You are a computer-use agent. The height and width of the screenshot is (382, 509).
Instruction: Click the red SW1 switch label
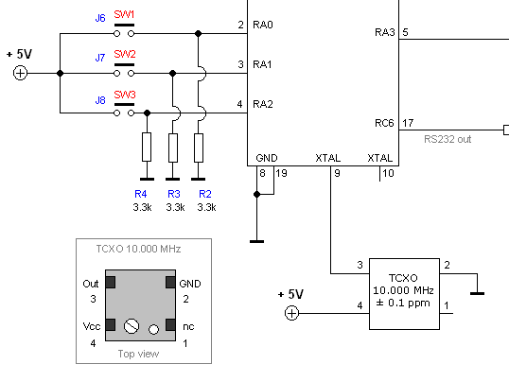pyautogui.click(x=124, y=14)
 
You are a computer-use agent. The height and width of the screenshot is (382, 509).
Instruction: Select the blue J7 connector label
pyautogui.click(x=100, y=58)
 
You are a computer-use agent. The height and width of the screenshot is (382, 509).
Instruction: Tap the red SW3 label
pyautogui.click(x=125, y=95)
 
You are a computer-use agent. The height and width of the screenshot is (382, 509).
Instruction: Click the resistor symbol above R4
pyautogui.click(x=147, y=147)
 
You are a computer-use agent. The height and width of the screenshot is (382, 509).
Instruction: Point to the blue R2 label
pyautogui.click(x=205, y=194)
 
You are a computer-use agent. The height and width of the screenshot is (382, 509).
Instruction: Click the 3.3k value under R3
pyautogui.click(x=175, y=207)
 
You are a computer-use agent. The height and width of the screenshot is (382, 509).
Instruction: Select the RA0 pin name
pyautogui.click(x=263, y=25)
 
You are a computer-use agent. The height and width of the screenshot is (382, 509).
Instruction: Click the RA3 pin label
pyautogui.click(x=385, y=32)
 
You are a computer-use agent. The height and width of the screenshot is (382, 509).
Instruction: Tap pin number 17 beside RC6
pyautogui.click(x=408, y=123)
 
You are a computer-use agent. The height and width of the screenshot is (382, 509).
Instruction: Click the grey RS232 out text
pyautogui.click(x=448, y=139)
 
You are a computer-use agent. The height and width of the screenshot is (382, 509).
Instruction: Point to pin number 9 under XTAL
pyautogui.click(x=337, y=173)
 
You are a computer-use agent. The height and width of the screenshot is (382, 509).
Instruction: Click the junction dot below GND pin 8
pyautogui.click(x=256, y=195)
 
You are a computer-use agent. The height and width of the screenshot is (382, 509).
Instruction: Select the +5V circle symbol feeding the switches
pyautogui.click(x=20, y=73)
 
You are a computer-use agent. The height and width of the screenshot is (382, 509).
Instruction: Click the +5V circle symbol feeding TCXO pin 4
pyautogui.click(x=291, y=313)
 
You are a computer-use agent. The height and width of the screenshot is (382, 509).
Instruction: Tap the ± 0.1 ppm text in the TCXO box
pyautogui.click(x=403, y=304)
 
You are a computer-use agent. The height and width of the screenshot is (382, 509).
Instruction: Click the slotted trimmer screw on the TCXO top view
pyautogui.click(x=132, y=326)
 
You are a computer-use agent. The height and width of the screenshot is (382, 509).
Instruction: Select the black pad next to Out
pyautogui.click(x=111, y=283)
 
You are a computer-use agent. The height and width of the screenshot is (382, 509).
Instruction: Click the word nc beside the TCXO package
pyautogui.click(x=188, y=327)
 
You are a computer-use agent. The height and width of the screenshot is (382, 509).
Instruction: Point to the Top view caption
pyautogui.click(x=139, y=354)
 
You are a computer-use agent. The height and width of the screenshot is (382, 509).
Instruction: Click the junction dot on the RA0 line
pyautogui.click(x=198, y=33)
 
